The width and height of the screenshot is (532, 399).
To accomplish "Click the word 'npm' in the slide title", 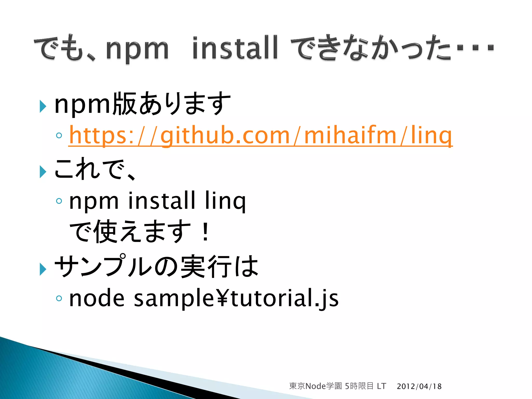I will pyautogui.click(x=137, y=49).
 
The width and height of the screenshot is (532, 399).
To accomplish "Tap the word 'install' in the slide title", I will pyautogui.click(x=235, y=48).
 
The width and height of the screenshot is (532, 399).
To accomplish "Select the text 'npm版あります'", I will pyautogui.click(x=142, y=104).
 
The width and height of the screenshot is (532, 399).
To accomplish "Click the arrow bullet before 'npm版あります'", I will pyautogui.click(x=43, y=106).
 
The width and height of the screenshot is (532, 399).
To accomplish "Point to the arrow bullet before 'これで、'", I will pyautogui.click(x=43, y=172).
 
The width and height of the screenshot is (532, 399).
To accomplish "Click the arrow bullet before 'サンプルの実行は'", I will pyautogui.click(x=43, y=269).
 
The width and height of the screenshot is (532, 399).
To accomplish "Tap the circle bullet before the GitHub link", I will pyautogui.click(x=59, y=135).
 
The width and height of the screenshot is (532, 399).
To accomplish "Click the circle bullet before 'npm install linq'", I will pyautogui.click(x=59, y=201).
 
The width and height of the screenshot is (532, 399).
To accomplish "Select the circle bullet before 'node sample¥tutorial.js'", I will pyautogui.click(x=59, y=298).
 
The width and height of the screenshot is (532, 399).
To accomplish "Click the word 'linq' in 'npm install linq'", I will pyautogui.click(x=225, y=201).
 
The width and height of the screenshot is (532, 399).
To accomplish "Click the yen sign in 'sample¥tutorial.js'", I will pyautogui.click(x=222, y=298).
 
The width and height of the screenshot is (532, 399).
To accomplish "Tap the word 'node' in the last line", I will pyautogui.click(x=97, y=298).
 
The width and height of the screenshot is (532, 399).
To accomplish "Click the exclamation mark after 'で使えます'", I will pyautogui.click(x=205, y=232).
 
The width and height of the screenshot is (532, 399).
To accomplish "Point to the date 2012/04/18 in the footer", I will pyautogui.click(x=419, y=387).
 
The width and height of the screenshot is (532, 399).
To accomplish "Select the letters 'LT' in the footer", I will pyautogui.click(x=381, y=386).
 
